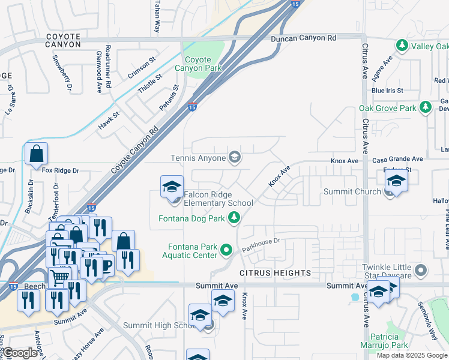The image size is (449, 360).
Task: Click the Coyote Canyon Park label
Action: [198, 64]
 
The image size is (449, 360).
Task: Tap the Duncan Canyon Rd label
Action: [303, 38]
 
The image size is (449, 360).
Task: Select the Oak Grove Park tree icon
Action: [426, 108]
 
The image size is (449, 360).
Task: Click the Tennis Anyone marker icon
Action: [235, 158]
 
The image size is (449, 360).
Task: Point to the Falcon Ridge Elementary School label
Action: [218, 199]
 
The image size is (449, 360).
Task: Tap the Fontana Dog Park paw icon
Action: [235, 218]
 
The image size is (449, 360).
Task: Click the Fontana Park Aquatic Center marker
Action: [226, 249]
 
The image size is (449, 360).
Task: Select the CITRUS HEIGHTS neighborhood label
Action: [276, 273]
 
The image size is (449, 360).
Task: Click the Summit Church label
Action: [352, 191]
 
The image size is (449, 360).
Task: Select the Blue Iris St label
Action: [387, 91]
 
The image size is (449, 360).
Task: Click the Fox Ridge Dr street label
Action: [61, 170]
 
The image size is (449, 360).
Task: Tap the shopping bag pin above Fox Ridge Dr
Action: [37, 154]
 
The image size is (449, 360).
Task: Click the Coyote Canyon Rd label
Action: [135, 151]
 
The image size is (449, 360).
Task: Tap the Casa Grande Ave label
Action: [397, 159]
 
